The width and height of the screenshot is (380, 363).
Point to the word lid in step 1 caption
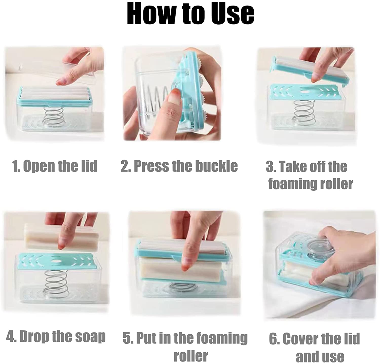click(89, 166)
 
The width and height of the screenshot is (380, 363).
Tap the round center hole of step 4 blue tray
click(56, 261)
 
